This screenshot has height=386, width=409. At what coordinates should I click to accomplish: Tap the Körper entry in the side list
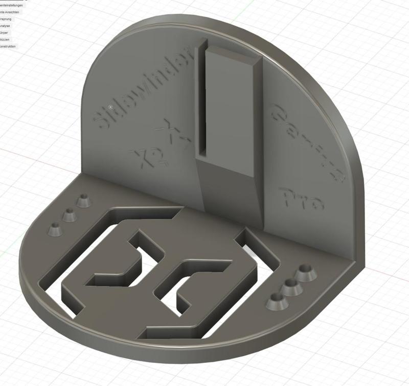pyautogui.click(x=6, y=33)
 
